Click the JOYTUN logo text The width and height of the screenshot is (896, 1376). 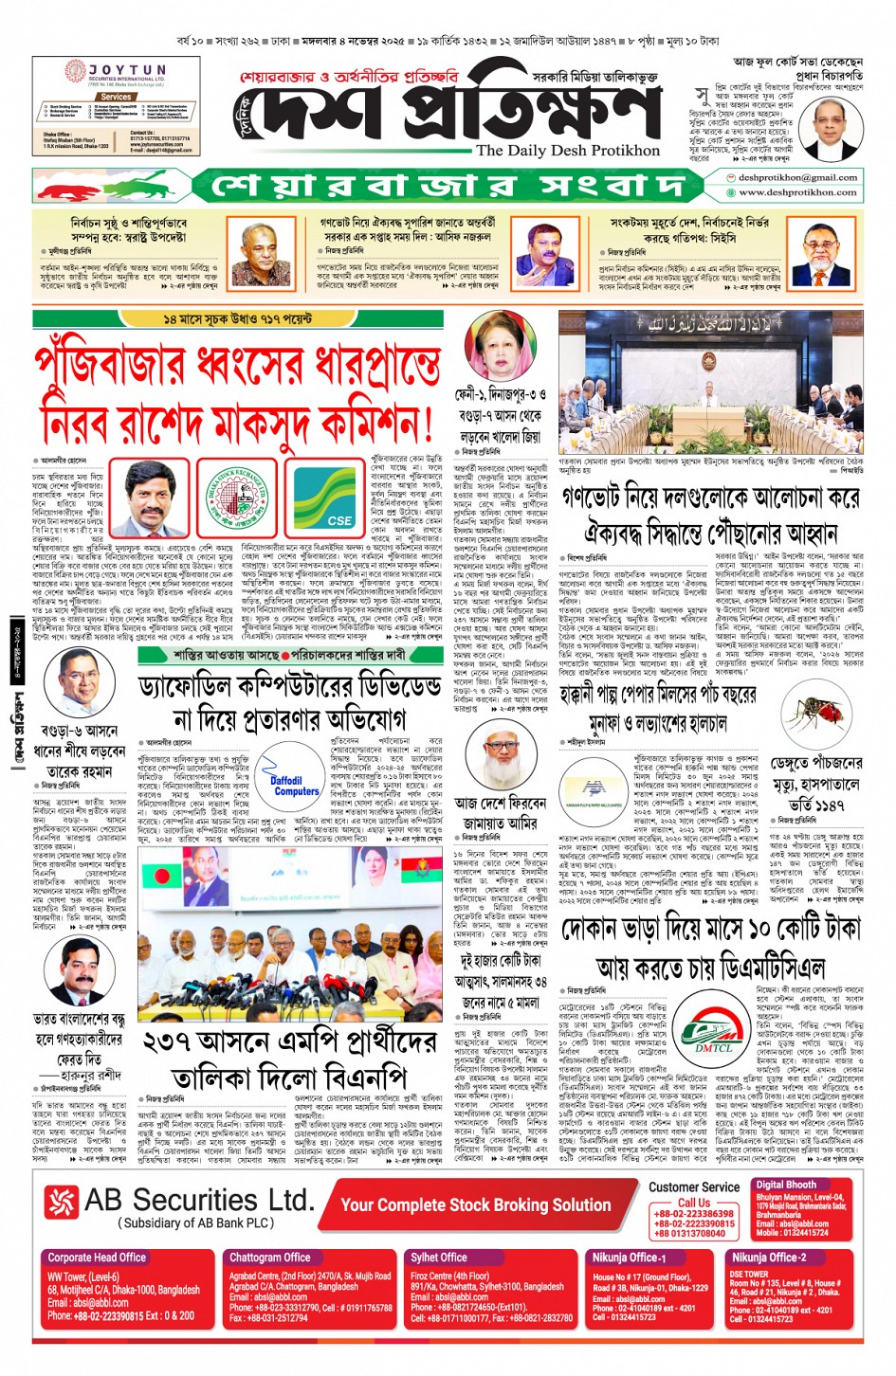click(x=127, y=70)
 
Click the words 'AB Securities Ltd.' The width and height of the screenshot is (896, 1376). click(x=198, y=1201)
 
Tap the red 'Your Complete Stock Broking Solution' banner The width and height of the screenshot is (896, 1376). click(x=476, y=1204)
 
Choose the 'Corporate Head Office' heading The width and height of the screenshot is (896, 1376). click(x=97, y=1258)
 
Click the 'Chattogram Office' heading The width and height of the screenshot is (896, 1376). click(x=269, y=1258)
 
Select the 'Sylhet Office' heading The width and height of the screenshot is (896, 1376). click(x=439, y=1258)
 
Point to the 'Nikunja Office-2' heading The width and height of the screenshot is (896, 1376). click(x=768, y=1258)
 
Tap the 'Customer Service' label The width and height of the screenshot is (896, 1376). click(x=694, y=1186)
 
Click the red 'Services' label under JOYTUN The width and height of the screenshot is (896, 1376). click(x=116, y=97)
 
